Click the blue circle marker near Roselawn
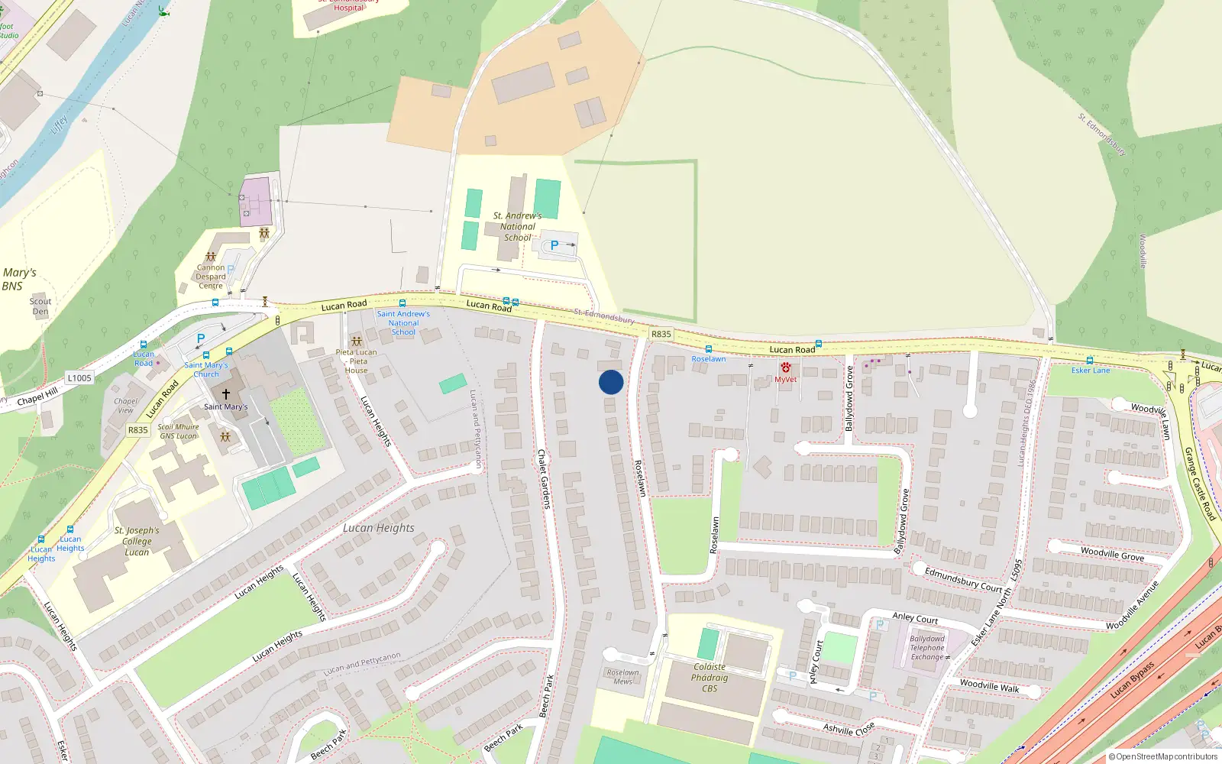point(611,382)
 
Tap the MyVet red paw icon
point(785,368)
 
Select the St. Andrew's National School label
point(517,227)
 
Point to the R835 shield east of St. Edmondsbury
point(661,335)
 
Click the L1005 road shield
point(79,378)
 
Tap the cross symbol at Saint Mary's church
point(225,394)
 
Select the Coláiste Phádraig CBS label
point(710,678)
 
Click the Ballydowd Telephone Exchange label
point(927,648)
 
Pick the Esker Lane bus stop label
point(1091,371)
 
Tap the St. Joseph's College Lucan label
point(137,541)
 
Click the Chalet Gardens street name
point(544,479)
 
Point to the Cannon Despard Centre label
point(211,277)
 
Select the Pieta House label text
point(356,361)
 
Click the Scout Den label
point(40,306)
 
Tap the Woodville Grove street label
point(1112,554)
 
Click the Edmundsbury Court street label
point(963,579)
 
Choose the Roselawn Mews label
point(623,677)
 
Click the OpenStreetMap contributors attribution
point(1163,757)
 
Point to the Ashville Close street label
point(849,729)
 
